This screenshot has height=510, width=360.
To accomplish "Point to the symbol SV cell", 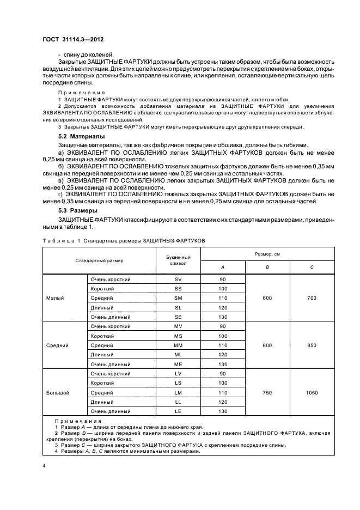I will coord(178,280).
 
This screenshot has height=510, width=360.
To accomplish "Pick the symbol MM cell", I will coord(178,345).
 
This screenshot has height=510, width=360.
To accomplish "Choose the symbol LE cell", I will coord(178,411).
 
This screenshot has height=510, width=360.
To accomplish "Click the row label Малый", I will coord(55,298).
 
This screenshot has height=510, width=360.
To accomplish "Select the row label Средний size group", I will coord(57,345).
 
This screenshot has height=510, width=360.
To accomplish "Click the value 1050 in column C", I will coord(312,392).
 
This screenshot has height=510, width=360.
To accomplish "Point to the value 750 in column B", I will coord(267,392).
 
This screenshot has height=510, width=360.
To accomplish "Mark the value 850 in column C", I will coord(312,345).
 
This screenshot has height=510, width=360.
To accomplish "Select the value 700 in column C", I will coord(312,298).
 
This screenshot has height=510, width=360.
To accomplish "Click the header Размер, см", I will coord(267,254).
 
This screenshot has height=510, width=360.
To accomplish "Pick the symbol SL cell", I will coord(178,308).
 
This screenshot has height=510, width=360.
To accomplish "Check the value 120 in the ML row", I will coord(222,355).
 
